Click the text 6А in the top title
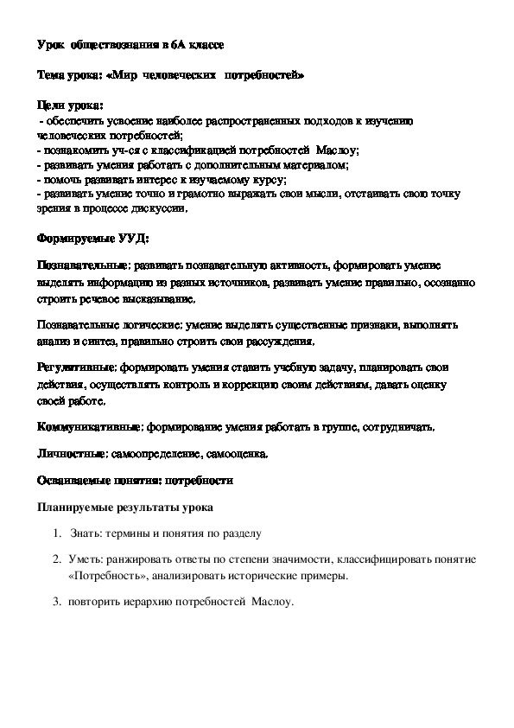176,44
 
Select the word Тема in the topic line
52,75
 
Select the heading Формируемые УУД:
81,237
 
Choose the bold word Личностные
69,452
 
